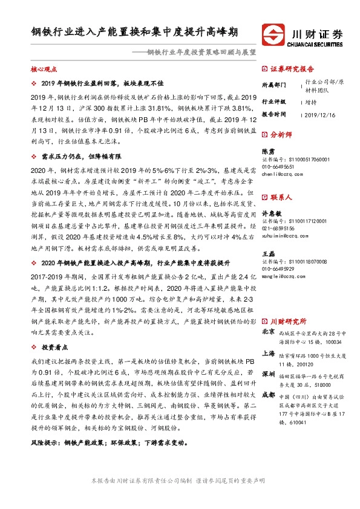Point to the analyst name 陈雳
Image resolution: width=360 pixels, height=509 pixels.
(x=268, y=152)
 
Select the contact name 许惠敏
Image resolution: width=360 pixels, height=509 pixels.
(x=271, y=214)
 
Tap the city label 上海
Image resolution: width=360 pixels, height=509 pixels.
(x=269, y=354)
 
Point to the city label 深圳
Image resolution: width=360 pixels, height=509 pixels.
(x=269, y=375)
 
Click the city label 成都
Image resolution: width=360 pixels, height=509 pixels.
(x=269, y=395)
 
